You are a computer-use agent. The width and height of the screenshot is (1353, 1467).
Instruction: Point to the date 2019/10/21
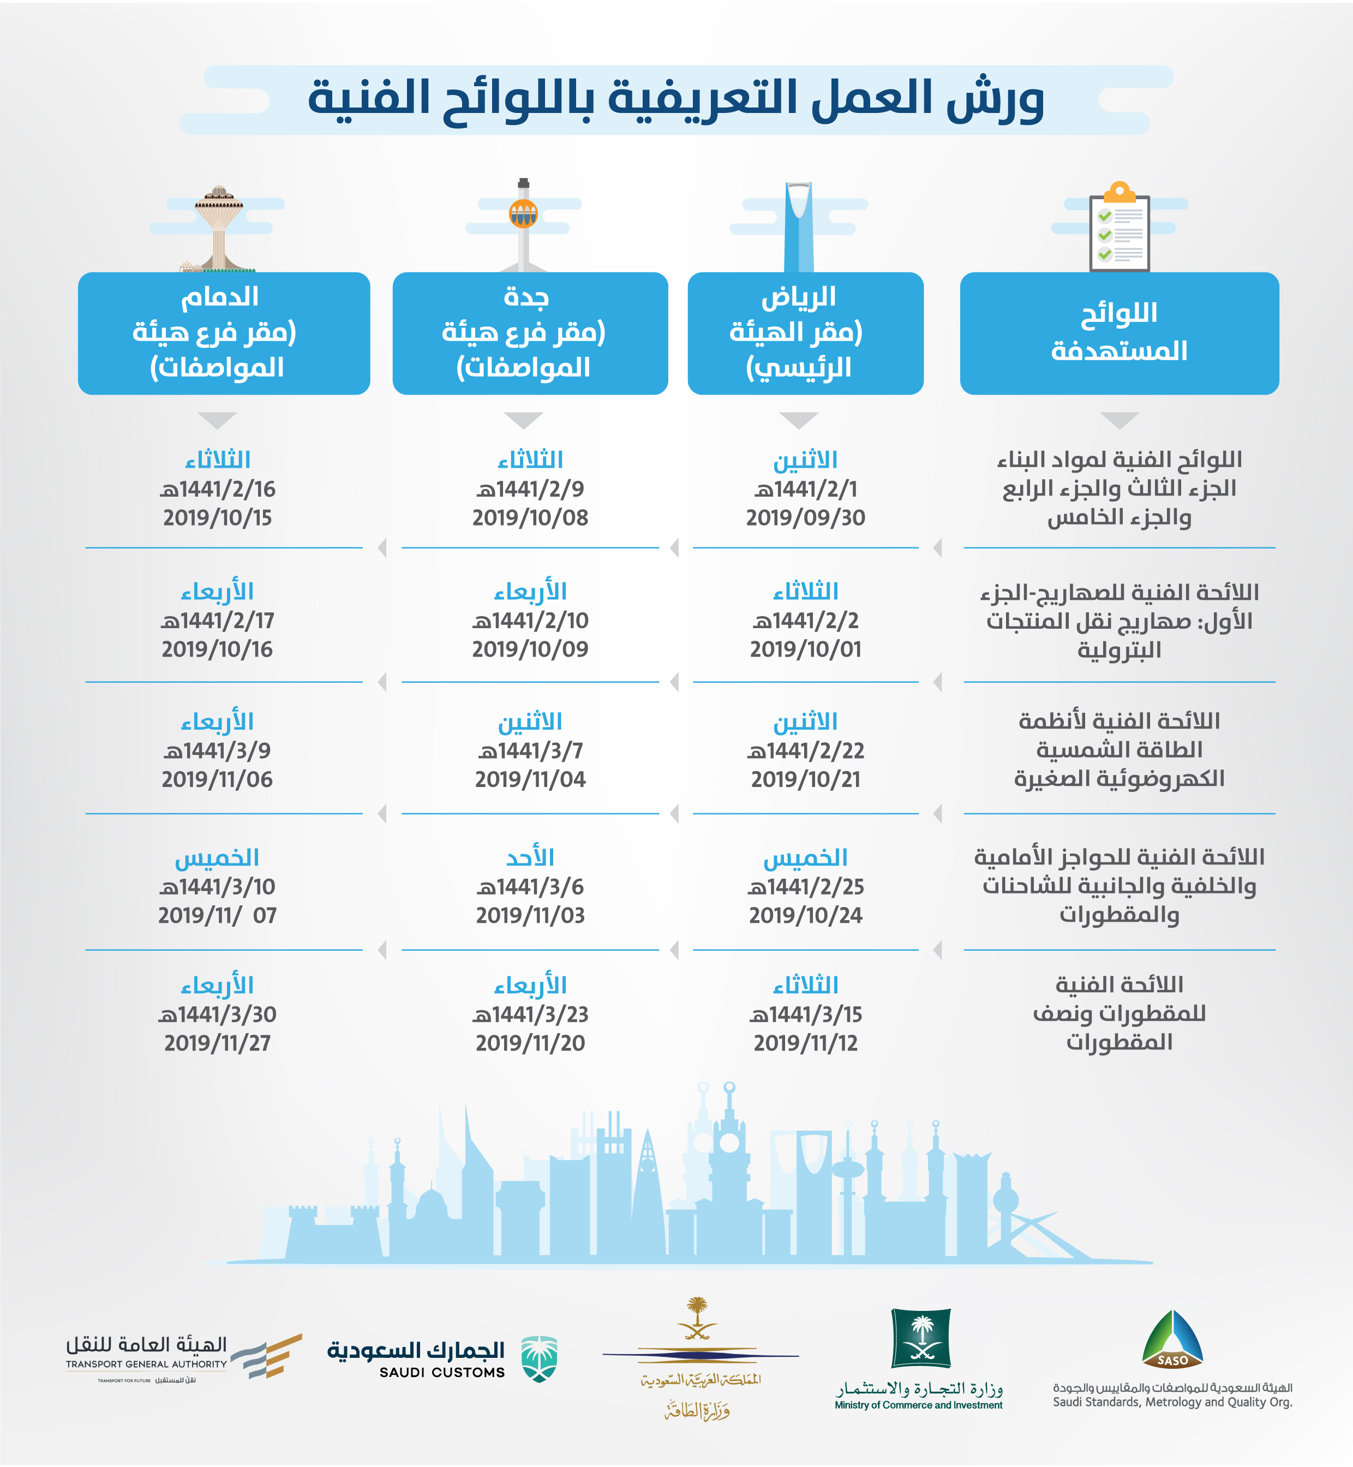805,779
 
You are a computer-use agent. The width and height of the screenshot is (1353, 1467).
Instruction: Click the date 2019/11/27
218,1043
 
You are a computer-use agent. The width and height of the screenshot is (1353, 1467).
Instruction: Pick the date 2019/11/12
805,1043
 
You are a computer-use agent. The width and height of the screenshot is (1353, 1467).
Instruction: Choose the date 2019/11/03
530,915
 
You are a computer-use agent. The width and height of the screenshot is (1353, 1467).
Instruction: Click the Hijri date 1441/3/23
530,1015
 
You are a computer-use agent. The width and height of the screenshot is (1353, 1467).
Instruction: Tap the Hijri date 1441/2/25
805,887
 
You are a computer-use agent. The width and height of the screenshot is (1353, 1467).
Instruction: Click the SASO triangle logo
1172,1339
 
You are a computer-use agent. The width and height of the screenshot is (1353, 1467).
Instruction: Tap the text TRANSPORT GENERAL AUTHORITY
146,1364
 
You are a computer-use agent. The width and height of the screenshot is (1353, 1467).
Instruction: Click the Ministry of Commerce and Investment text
918,1405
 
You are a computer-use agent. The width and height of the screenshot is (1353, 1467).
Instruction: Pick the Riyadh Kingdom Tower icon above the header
799,227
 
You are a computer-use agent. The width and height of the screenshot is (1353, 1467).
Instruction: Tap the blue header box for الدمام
224,333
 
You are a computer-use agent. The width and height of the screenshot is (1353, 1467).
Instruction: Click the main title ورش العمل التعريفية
676,99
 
